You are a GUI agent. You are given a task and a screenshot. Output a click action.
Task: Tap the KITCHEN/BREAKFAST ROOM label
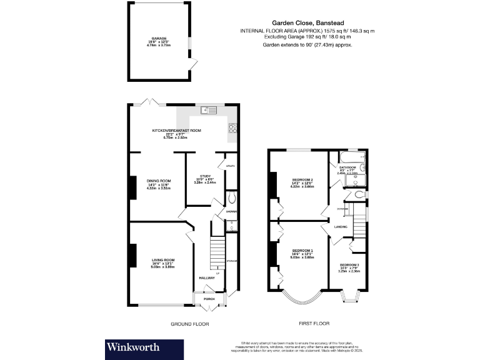pos(177,131)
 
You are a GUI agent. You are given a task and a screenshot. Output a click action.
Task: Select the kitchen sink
pos(209,111)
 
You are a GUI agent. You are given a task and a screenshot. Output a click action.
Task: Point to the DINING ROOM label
pos(159,181)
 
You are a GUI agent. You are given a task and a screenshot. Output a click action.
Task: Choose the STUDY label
pos(207,176)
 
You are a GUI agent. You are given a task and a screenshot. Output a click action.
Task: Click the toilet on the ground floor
pos(232,198)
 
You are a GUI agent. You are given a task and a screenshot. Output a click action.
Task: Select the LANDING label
pos(341,226)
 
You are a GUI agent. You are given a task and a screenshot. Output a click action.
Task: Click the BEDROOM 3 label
pos(349,266)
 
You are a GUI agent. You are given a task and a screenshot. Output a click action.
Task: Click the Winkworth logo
pos(133,347)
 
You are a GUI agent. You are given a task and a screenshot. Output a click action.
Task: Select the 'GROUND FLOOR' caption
pos(190,324)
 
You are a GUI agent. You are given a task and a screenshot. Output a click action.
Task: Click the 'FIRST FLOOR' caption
pos(314,324)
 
